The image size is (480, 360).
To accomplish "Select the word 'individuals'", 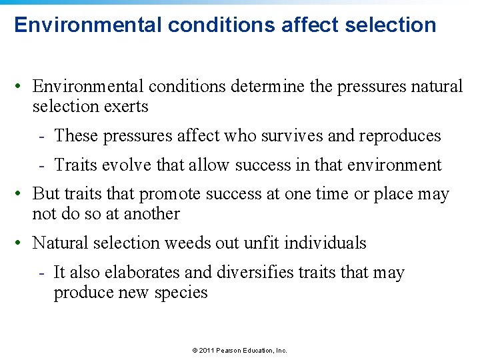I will (x=325, y=243).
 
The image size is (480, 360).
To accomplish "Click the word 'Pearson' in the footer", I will (x=231, y=350).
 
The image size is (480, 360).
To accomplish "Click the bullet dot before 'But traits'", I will (x=22, y=194).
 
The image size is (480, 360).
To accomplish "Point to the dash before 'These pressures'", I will (x=41, y=136).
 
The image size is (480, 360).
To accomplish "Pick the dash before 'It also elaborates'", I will (x=41, y=273).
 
